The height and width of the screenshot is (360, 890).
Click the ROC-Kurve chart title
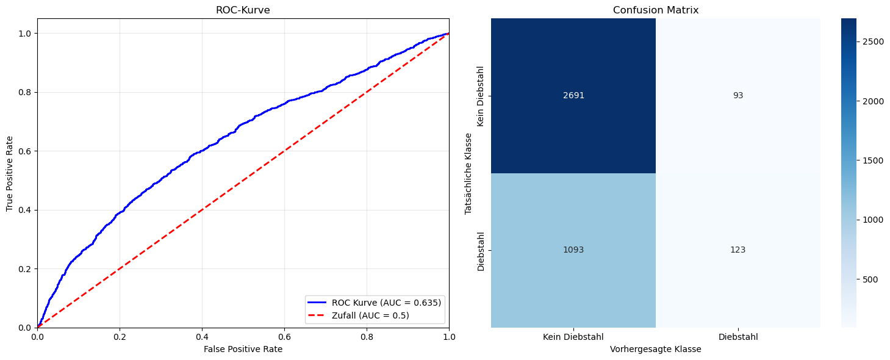pyautogui.click(x=243, y=10)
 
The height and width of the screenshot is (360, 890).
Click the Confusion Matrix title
pyautogui.click(x=656, y=10)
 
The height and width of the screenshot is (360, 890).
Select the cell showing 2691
pyautogui.click(x=573, y=96)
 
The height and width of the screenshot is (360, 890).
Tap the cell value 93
pyautogui.click(x=738, y=96)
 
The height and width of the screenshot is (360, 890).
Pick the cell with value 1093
pyautogui.click(x=573, y=250)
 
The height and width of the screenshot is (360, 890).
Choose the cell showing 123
pyautogui.click(x=738, y=250)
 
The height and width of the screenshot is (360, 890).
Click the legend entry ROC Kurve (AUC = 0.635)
pyautogui.click(x=386, y=303)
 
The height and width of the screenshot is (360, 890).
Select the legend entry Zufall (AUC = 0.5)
pyautogui.click(x=370, y=315)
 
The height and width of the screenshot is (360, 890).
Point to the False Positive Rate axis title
pyautogui.click(x=243, y=349)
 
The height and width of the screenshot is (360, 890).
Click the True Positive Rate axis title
pyautogui.click(x=10, y=173)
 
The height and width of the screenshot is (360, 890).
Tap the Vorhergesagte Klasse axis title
pyautogui.click(x=656, y=349)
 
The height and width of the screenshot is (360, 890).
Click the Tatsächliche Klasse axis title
pyautogui.click(x=468, y=173)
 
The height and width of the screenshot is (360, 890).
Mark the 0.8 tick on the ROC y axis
pyautogui.click(x=25, y=92)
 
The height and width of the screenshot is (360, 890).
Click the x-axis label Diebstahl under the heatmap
pyautogui.click(x=738, y=337)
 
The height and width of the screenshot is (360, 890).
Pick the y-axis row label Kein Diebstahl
pyautogui.click(x=481, y=96)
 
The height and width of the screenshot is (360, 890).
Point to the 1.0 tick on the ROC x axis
pyautogui.click(x=449, y=336)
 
